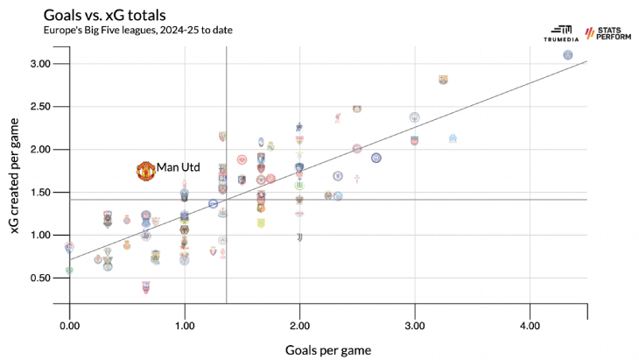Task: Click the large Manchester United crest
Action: (x=146, y=171)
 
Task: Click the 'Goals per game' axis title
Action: (x=327, y=349)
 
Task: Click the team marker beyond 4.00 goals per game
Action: (x=568, y=55)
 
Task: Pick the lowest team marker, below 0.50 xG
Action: (x=146, y=286)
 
